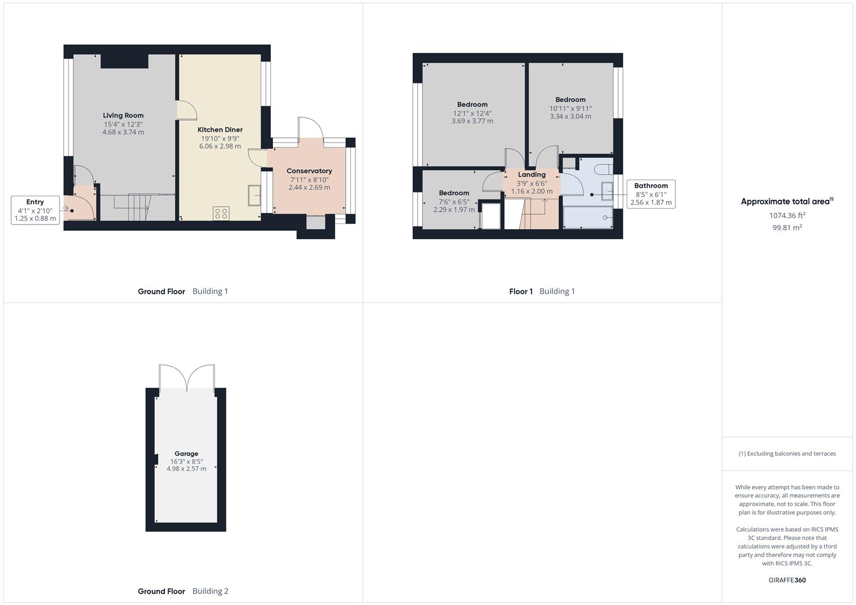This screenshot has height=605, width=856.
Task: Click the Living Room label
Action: click(x=123, y=115)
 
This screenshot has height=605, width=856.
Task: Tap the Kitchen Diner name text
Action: click(x=220, y=130)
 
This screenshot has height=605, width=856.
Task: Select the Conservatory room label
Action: click(x=309, y=171)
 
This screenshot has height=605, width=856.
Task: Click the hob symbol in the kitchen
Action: click(x=221, y=213)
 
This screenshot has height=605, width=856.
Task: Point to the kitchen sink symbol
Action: click(x=255, y=195)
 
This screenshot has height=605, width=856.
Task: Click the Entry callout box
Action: click(x=35, y=210)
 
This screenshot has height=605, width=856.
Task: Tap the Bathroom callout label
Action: click(x=651, y=194)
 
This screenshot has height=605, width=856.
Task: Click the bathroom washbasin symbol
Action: click(x=607, y=191)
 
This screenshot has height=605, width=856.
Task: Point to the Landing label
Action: click(x=531, y=175)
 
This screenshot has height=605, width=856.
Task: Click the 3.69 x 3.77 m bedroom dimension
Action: click(x=473, y=121)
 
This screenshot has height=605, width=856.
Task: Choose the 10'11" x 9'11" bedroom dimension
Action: click(x=571, y=109)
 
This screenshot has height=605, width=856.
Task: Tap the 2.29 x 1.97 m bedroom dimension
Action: click(x=454, y=210)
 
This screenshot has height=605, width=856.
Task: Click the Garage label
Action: click(x=186, y=453)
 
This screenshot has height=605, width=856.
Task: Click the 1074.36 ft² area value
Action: click(x=787, y=215)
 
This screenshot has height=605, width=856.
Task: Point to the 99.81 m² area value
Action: click(x=787, y=227)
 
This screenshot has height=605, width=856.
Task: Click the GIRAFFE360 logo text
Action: click(x=787, y=580)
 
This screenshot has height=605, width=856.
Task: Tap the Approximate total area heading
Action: click(x=787, y=201)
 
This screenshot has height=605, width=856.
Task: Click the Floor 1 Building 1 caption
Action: click(x=542, y=291)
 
